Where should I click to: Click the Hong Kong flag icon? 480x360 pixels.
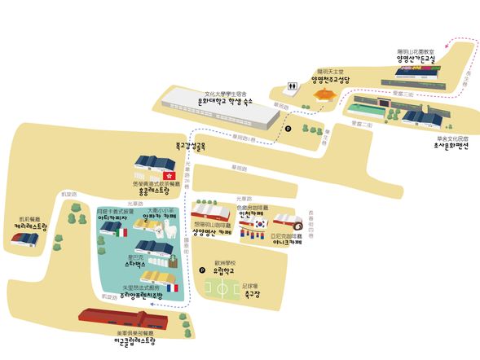(170, 176)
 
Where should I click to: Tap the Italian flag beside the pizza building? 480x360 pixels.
(124, 232)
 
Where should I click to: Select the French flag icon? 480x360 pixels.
(172, 288)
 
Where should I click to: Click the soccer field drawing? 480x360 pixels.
(222, 288)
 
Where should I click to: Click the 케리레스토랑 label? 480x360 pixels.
(31, 227)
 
